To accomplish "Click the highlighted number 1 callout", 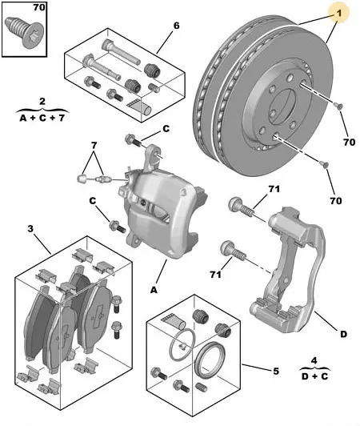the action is point(338,13).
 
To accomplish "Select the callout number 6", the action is point(176,26).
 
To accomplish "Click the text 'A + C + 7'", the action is point(42,119).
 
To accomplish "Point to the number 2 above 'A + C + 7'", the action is point(42,102).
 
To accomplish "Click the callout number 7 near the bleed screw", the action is point(94,146).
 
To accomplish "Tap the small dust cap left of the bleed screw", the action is point(82,179).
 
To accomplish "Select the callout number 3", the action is point(30,228).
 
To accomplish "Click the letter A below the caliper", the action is point(154,291).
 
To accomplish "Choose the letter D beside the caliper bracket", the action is point(343,334).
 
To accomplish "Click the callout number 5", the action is point(276,371).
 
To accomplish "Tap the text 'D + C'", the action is point(315,376).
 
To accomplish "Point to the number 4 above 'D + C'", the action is point(314,360).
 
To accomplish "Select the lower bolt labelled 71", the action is point(233,251).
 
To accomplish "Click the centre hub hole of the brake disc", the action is point(283,106).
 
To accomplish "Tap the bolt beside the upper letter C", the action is point(134,140).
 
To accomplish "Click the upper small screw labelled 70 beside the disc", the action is point(338,106).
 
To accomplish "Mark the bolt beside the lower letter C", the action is point(117,227).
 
